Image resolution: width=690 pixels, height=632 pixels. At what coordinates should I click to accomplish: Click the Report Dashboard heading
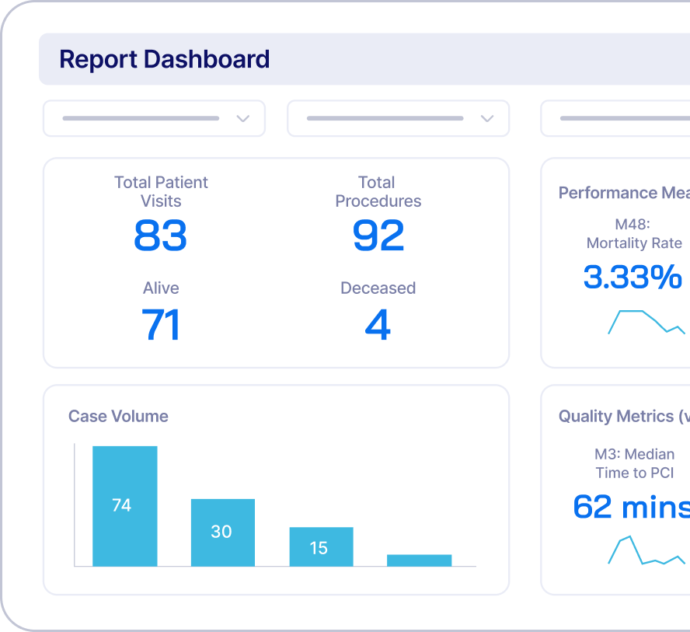pyautogui.click(x=164, y=59)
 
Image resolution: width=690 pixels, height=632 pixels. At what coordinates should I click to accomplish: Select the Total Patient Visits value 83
pyautogui.click(x=160, y=236)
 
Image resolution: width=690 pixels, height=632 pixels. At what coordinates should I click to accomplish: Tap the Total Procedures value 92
pyautogui.click(x=378, y=236)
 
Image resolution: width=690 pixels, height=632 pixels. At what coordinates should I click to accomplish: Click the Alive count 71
pyautogui.click(x=161, y=325)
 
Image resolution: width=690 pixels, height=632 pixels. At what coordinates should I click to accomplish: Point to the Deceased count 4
pyautogui.click(x=378, y=325)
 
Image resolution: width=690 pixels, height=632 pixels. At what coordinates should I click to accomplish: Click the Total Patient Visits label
pyautogui.click(x=161, y=191)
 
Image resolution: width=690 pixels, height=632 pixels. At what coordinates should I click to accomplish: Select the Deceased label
pyautogui.click(x=378, y=288)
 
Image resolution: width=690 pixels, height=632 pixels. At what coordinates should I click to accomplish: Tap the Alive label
pyautogui.click(x=161, y=288)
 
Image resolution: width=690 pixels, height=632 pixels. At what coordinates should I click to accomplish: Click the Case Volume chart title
pyautogui.click(x=118, y=416)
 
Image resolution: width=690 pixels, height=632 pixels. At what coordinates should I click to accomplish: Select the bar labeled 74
pyautogui.click(x=124, y=505)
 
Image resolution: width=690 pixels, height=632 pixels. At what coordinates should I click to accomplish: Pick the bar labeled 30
pyautogui.click(x=222, y=532)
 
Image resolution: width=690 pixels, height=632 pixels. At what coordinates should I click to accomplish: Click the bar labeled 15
pyautogui.click(x=321, y=546)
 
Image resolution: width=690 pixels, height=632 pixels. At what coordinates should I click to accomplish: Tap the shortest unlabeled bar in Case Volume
pyautogui.click(x=419, y=560)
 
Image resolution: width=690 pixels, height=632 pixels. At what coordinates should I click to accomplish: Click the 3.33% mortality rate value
pyautogui.click(x=632, y=277)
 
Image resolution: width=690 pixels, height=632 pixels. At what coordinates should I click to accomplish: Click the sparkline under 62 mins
pyautogui.click(x=646, y=550)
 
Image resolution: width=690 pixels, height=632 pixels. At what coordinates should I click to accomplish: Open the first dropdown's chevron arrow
pyautogui.click(x=242, y=119)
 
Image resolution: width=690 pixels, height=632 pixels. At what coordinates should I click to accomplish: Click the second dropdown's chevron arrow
pyautogui.click(x=487, y=119)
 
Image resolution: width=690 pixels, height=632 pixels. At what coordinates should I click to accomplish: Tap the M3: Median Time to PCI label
pyautogui.click(x=634, y=463)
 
